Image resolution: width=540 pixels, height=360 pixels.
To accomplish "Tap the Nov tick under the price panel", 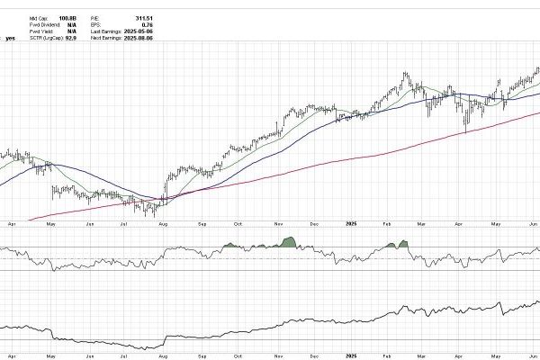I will (279, 221).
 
